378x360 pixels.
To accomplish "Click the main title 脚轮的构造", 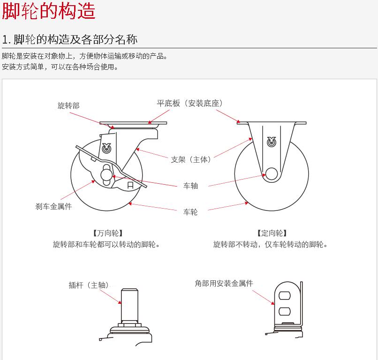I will click(x=49, y=11).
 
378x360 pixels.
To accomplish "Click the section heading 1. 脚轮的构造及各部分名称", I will click(x=70, y=39).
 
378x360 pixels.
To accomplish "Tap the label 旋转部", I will click(x=68, y=106).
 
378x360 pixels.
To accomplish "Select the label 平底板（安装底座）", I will click(x=190, y=103).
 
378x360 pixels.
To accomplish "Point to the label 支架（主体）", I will click(x=191, y=159).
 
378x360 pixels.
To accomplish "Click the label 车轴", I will click(x=190, y=186).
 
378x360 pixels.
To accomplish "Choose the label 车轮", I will click(x=190, y=212).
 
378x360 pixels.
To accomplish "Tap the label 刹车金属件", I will click(x=53, y=206).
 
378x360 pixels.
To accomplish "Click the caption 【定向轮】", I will click(x=272, y=233).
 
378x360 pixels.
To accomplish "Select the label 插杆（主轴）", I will click(x=89, y=285).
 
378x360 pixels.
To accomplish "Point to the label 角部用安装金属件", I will click(x=224, y=283).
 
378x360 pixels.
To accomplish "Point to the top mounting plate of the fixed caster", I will click(x=272, y=123).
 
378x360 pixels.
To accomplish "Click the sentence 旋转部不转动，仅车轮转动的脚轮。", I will click(x=271, y=244).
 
